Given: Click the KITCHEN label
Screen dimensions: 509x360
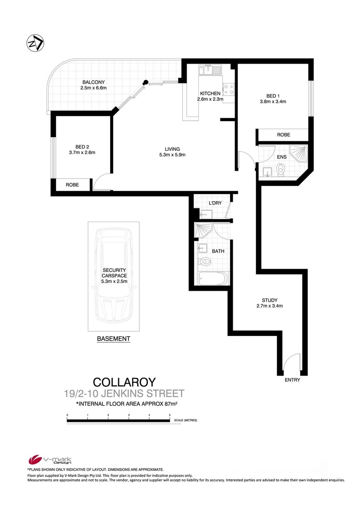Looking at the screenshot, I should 210,93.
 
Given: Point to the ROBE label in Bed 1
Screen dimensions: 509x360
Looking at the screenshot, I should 283,135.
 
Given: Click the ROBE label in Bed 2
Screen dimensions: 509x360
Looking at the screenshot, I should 72,185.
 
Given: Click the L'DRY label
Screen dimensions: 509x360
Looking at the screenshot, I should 215,204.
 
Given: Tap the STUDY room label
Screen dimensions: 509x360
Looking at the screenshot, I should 270,300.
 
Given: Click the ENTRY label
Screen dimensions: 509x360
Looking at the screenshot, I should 292,380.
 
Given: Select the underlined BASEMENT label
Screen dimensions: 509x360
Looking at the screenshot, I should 113,339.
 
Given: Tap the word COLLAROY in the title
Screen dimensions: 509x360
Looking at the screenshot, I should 124,382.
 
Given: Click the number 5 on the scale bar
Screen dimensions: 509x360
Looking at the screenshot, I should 170,415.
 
